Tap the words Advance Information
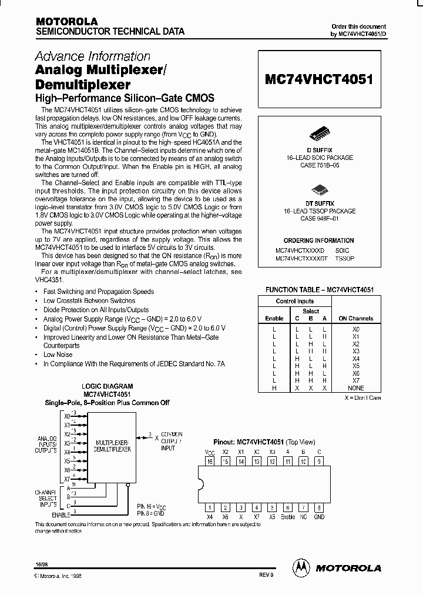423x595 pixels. [93, 56]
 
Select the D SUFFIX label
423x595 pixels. [319, 151]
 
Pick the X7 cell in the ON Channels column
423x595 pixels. [355, 380]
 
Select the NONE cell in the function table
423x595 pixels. [355, 388]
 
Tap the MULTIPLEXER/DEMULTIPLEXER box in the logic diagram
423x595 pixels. [113, 444]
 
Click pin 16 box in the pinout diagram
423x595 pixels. [210, 462]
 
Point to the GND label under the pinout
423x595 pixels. [319, 517]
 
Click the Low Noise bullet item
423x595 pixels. [58, 355]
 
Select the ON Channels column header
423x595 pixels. [355, 318]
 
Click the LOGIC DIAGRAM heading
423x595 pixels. [107, 386]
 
